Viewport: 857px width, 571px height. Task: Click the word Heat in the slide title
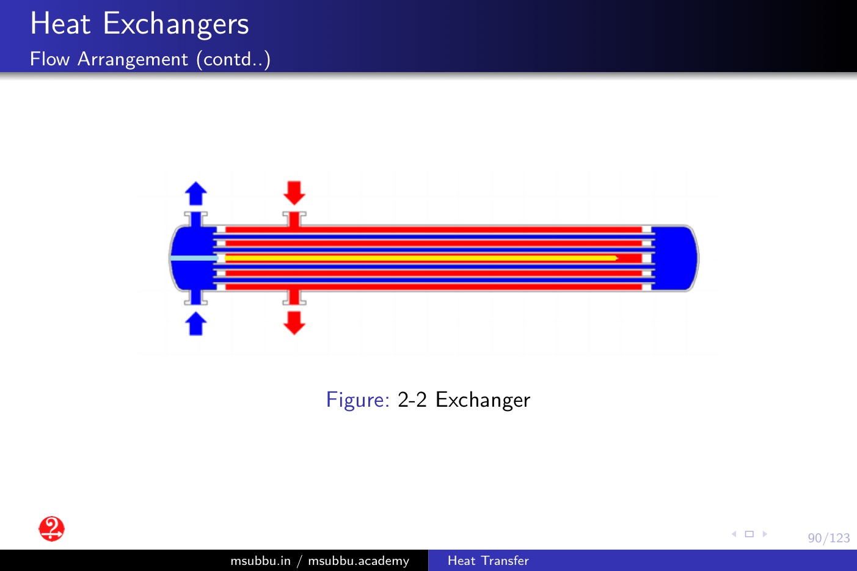[x=60, y=24]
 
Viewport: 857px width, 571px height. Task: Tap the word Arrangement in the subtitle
[x=133, y=60]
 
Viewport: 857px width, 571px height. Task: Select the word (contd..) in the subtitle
[x=233, y=60]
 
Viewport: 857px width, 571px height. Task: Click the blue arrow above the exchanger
[x=196, y=193]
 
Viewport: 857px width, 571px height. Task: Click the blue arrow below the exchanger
[x=196, y=324]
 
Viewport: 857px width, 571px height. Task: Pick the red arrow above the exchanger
[x=294, y=193]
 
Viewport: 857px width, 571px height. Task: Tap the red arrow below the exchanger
[x=294, y=323]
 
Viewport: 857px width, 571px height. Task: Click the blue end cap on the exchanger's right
[x=675, y=258]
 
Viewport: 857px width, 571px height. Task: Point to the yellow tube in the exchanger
[x=421, y=258]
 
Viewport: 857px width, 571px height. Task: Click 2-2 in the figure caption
[x=412, y=399]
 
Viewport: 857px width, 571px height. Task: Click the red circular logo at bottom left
[x=52, y=529]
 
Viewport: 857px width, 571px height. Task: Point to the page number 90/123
[x=829, y=538]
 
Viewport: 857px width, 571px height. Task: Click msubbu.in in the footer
[x=261, y=561]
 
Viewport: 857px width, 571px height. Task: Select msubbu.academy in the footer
[x=359, y=561]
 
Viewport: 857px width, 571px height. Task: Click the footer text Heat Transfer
[x=488, y=561]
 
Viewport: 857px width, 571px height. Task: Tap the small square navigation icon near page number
[x=749, y=534]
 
